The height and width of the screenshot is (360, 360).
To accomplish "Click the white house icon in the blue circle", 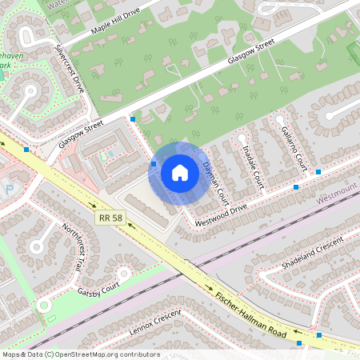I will tap(179, 173).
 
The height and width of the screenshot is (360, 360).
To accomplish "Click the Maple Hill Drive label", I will tap(115, 23).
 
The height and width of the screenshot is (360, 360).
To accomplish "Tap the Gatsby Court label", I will tap(98, 290).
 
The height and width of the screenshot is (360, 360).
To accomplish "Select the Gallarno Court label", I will tap(294, 147).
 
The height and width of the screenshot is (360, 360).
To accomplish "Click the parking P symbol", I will tap(10, 190).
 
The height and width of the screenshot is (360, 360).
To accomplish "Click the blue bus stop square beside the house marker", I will tap(154, 164).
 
